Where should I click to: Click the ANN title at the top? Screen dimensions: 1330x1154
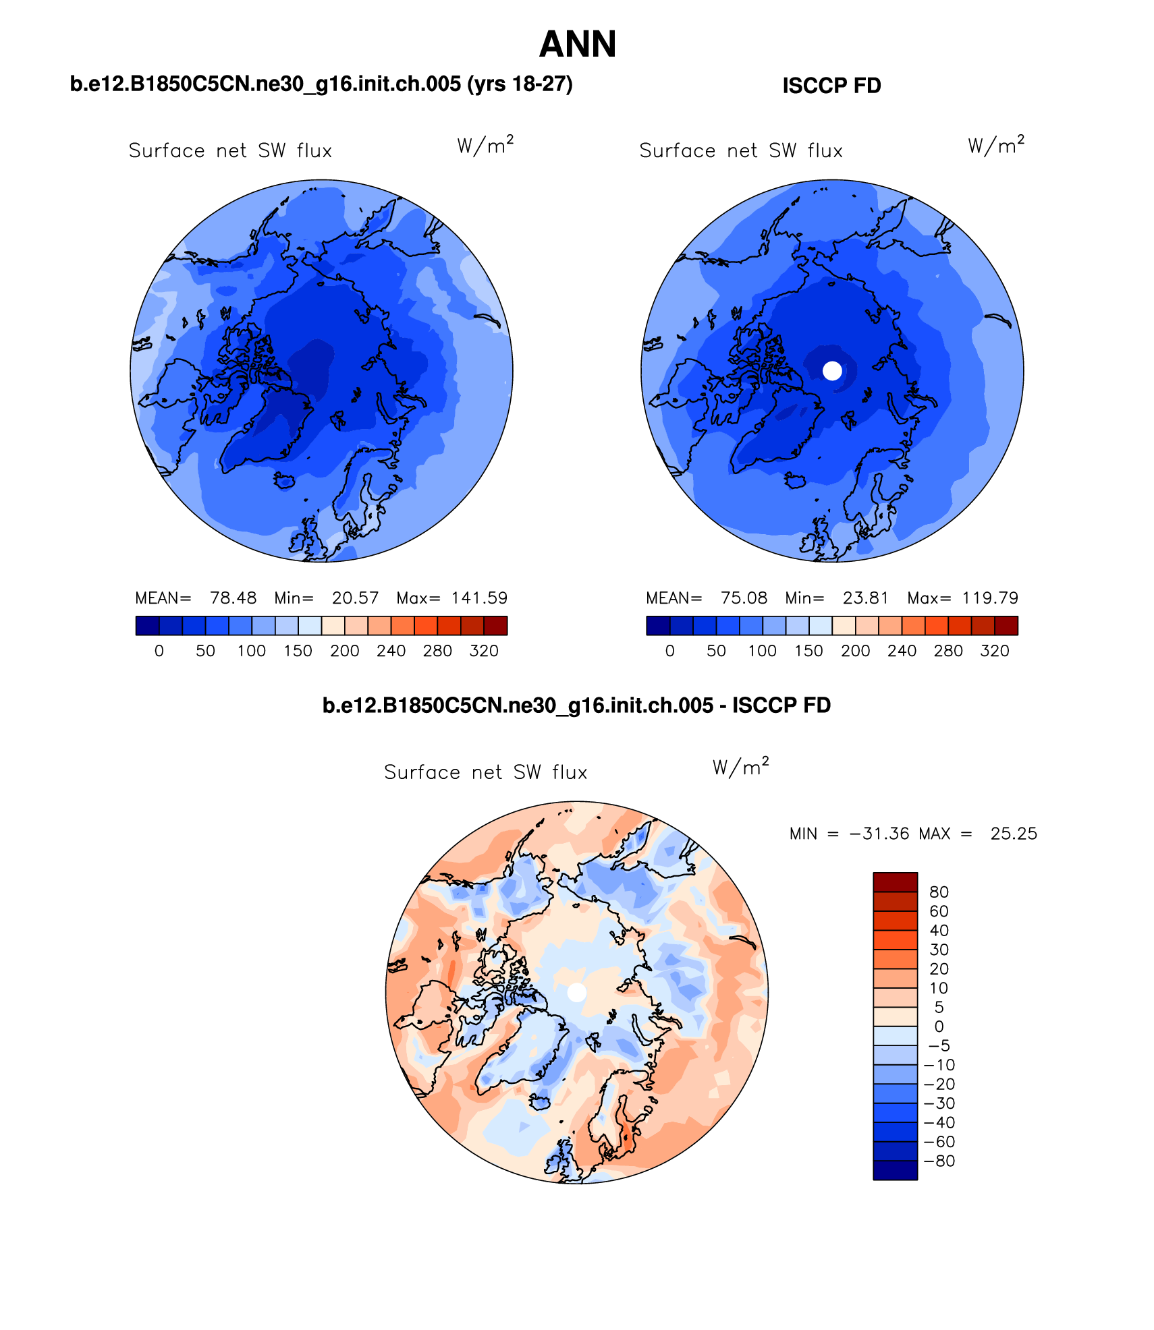(x=578, y=45)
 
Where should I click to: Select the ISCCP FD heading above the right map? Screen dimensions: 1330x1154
(x=831, y=86)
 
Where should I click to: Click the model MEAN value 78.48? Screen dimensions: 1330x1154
(x=233, y=598)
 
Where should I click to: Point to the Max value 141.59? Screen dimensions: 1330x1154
(x=479, y=598)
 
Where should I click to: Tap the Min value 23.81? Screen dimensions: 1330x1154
(x=865, y=598)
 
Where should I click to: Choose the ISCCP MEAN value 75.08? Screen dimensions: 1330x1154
(x=744, y=598)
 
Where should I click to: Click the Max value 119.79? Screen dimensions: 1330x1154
(x=990, y=598)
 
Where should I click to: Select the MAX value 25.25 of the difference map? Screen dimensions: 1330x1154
(x=1014, y=834)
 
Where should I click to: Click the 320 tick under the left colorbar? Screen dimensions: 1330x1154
(x=484, y=651)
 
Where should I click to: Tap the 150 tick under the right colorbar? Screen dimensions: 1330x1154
(x=808, y=651)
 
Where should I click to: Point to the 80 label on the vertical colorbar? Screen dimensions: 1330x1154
(x=939, y=892)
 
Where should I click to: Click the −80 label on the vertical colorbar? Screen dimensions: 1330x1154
(x=939, y=1161)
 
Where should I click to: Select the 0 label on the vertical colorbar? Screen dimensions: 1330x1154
(x=939, y=1027)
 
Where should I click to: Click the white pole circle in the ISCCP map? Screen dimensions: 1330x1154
(x=833, y=370)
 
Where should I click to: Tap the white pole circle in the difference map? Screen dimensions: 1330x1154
(x=577, y=992)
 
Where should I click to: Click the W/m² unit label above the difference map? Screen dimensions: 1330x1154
(x=740, y=768)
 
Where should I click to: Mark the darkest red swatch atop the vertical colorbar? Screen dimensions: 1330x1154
(x=895, y=882)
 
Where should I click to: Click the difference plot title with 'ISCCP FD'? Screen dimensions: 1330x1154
(x=576, y=705)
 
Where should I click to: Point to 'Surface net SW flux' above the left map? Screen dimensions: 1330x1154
(x=230, y=150)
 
